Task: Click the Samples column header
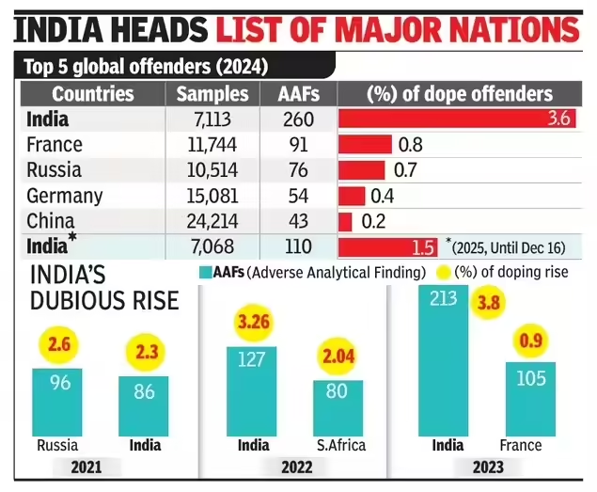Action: (x=212, y=94)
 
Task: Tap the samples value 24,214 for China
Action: (x=213, y=222)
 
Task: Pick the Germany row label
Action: (x=65, y=197)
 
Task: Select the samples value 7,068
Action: (x=213, y=247)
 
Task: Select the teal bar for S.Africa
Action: (x=338, y=406)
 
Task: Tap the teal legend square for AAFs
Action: (x=207, y=272)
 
